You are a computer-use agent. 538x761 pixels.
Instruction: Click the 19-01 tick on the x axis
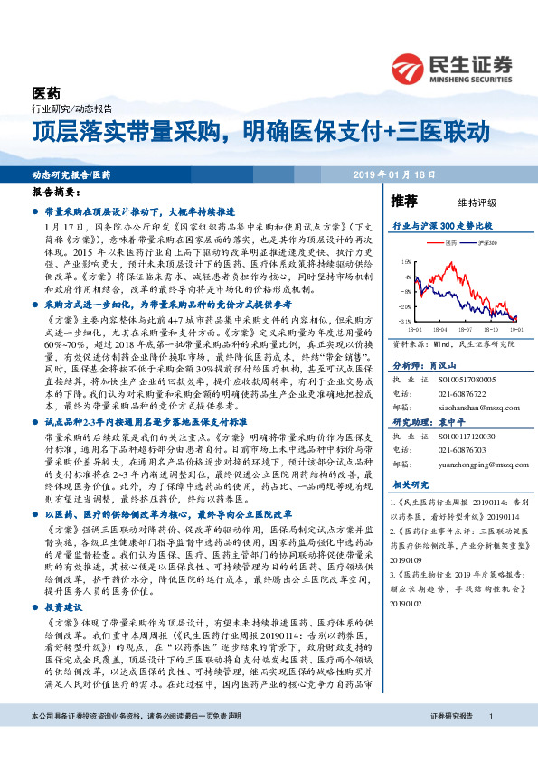514,330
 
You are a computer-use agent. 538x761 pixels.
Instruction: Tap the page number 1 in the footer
490,741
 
